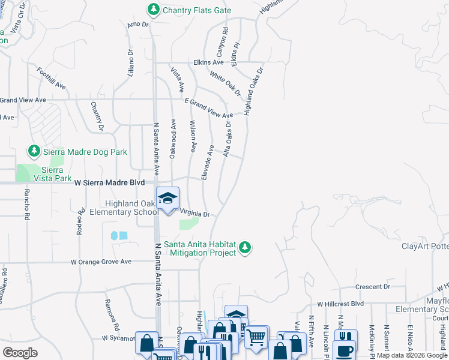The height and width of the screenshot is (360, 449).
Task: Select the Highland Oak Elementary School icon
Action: (167, 197)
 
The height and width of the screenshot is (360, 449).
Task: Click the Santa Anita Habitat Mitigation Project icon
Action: (245, 247)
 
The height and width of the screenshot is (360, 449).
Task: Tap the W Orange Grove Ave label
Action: (101, 262)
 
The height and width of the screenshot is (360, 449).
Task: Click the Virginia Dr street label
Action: (194, 214)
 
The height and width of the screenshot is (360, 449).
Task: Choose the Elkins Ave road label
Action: (208, 62)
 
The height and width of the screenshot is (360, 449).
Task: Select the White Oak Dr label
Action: (225, 84)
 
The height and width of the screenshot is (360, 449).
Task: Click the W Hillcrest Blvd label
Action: (341, 304)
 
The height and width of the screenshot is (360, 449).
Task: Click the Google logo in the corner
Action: (19, 353)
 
